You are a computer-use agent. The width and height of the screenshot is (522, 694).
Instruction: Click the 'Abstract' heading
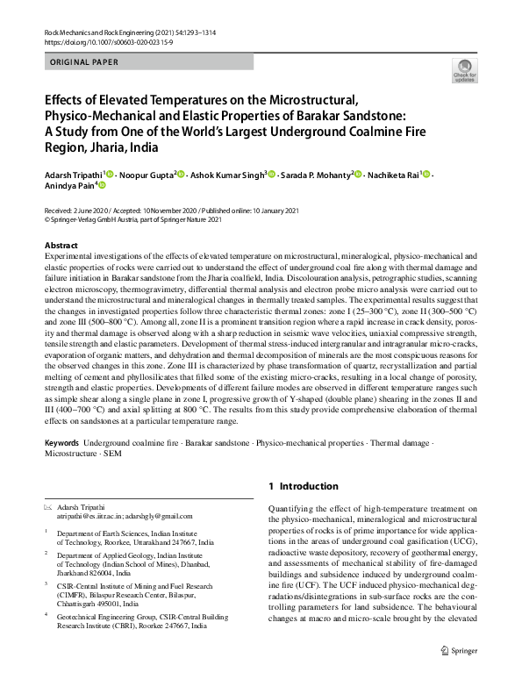tap(61, 245)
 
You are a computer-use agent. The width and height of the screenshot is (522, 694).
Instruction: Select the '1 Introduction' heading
tap(303, 486)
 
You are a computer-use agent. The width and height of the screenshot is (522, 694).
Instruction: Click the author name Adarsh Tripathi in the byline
tap(73, 175)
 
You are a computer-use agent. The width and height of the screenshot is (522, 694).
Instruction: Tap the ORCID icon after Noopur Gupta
tap(180, 175)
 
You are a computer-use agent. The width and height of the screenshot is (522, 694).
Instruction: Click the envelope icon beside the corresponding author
tap(48, 507)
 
